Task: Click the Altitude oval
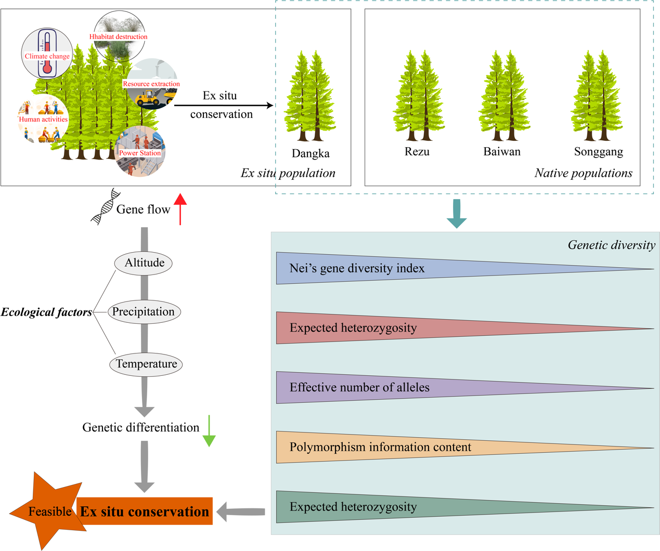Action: click(144, 263)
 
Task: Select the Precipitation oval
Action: click(144, 312)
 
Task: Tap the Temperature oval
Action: click(146, 364)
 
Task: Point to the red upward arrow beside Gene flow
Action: click(180, 208)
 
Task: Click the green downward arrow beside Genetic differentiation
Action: click(209, 431)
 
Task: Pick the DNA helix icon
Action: click(105, 206)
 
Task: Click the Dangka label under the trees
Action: click(310, 153)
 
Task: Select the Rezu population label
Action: click(417, 152)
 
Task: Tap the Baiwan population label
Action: click(502, 152)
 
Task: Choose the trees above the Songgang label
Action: click(597, 96)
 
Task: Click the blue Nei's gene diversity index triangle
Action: click(364, 268)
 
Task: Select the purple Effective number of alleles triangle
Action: click(364, 387)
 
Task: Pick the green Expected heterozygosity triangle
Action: click(364, 507)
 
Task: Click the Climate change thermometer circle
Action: click(47, 54)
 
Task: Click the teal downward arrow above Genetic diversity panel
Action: click(457, 214)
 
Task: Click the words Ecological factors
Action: click(46, 312)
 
